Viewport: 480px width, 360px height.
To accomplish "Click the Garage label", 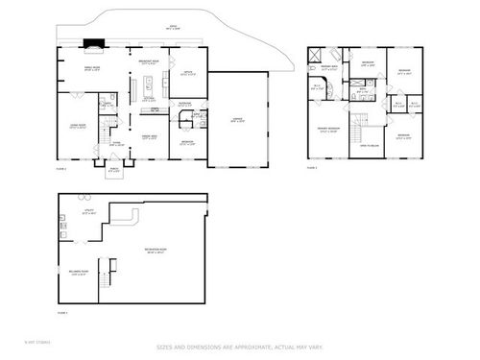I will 236,119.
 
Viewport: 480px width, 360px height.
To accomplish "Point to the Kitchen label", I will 150,99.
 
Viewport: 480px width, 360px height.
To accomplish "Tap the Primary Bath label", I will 329,67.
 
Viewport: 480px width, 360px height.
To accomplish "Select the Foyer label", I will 114,144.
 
